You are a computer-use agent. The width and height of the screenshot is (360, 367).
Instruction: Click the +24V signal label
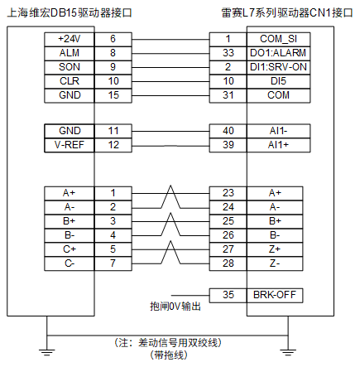tap(70, 39)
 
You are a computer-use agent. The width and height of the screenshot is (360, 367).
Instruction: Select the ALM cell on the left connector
tap(70, 53)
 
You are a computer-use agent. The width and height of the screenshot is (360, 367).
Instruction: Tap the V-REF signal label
tap(70, 145)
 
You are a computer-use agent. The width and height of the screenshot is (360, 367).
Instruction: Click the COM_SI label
tap(278, 39)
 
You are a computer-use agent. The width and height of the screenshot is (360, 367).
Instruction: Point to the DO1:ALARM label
tap(278, 53)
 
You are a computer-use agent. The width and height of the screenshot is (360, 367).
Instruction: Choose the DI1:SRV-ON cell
tap(278, 67)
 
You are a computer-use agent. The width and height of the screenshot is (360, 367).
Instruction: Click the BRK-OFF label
tap(275, 295)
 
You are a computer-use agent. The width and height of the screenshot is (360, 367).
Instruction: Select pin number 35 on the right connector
tap(228, 295)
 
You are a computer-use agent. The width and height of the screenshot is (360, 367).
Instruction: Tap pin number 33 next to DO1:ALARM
tap(228, 53)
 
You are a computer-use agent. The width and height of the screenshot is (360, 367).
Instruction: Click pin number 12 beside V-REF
tap(113, 145)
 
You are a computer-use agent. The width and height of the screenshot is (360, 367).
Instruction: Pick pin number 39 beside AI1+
tap(228, 145)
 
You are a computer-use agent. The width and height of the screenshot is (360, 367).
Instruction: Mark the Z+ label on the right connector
tap(275, 249)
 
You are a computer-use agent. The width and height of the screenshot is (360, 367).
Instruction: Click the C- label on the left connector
tap(70, 263)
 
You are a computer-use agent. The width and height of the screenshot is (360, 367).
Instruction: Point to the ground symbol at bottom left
tap(46, 352)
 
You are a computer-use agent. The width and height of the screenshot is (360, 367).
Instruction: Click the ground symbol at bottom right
tap(288, 352)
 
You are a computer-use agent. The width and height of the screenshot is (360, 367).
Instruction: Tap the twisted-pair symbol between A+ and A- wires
tap(170, 196)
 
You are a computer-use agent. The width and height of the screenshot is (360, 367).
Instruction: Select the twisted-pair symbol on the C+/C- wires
tap(170, 253)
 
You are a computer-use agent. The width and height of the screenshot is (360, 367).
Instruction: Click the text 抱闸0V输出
tap(175, 307)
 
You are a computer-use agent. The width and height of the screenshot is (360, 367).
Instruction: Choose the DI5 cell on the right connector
tap(278, 81)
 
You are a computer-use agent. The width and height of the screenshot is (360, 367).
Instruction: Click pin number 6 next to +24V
tap(113, 39)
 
